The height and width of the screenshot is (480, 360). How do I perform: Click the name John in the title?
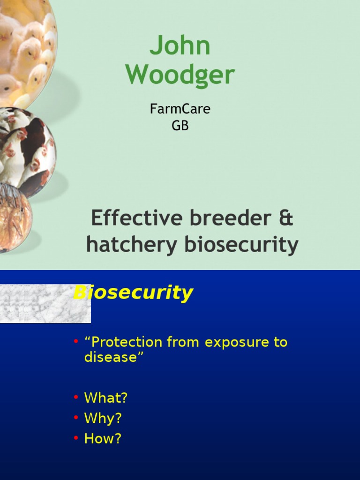coord(180,47)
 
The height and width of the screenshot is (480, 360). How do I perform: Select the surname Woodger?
coord(180,75)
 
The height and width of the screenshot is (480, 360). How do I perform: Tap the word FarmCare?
coord(180,109)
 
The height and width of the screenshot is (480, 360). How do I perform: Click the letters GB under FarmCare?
coord(180,126)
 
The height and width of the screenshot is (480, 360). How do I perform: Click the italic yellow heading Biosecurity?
coord(133,293)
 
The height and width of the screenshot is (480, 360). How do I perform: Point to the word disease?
coord(111,357)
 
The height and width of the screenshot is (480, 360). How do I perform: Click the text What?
coord(105,398)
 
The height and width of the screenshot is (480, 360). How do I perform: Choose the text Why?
coord(103,418)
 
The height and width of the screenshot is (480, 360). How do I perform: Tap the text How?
coord(103,438)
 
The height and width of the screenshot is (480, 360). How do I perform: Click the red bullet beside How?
coord(76,439)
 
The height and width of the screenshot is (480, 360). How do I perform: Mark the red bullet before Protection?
coord(76,342)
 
